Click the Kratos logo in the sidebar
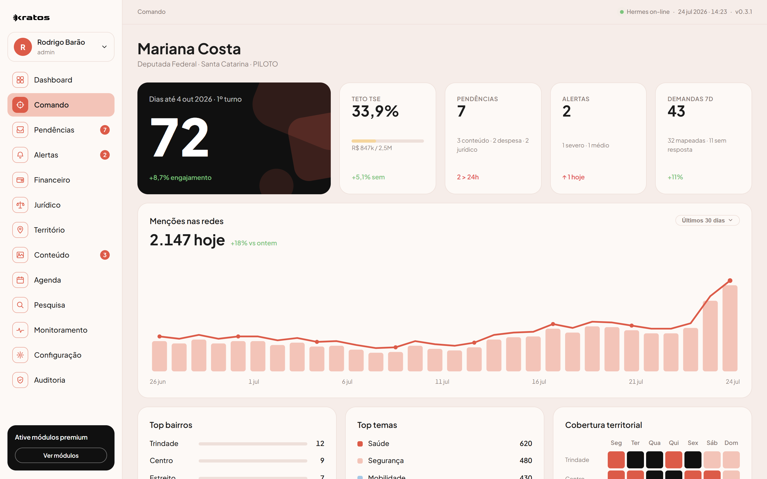pyautogui.click(x=31, y=18)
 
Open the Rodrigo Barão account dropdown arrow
pyautogui.click(x=104, y=47)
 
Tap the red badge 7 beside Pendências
pyautogui.click(x=105, y=130)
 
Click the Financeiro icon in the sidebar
pyautogui.click(x=20, y=180)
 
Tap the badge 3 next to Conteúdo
pyautogui.click(x=105, y=255)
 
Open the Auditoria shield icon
pyautogui.click(x=20, y=380)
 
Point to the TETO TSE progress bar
pyautogui.click(x=387, y=141)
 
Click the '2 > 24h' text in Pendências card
pyautogui.click(x=468, y=177)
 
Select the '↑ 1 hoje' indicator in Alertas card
pyautogui.click(x=573, y=177)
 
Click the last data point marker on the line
pyautogui.click(x=730, y=281)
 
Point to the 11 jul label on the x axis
pyautogui.click(x=442, y=382)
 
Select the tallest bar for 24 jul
pyautogui.click(x=730, y=328)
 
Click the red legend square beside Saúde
pyautogui.click(x=360, y=444)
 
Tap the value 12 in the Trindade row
pyautogui.click(x=320, y=444)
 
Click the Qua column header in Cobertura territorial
pyautogui.click(x=655, y=443)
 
